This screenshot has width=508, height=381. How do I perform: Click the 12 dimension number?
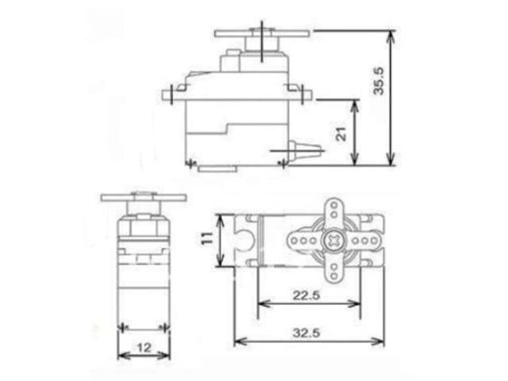point(143,347)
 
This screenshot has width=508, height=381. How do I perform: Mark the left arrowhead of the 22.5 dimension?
point(260,302)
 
